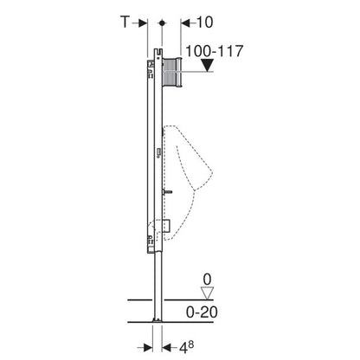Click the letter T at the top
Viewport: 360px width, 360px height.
pos(126,20)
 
